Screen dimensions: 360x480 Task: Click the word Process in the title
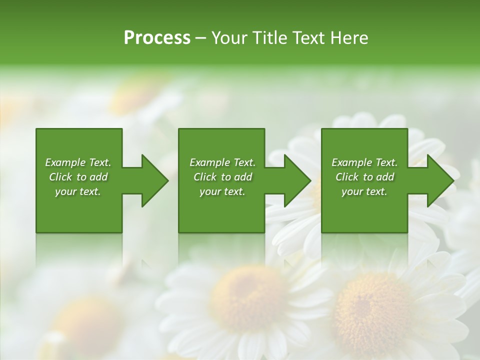(157, 38)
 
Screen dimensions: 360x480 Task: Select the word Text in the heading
(309, 38)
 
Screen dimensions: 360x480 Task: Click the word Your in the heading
(229, 38)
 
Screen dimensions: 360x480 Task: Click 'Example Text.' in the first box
(78, 162)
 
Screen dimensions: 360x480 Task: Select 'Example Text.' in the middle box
(222, 162)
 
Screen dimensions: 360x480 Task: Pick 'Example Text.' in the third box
(364, 162)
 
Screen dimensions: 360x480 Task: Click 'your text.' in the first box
(78, 191)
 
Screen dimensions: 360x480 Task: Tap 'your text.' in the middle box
(222, 191)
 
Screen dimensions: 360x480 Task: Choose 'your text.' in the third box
(364, 191)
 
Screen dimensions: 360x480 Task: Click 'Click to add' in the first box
(78, 177)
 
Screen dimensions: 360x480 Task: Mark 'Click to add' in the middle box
(222, 177)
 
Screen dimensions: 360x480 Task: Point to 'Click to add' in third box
(364, 177)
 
